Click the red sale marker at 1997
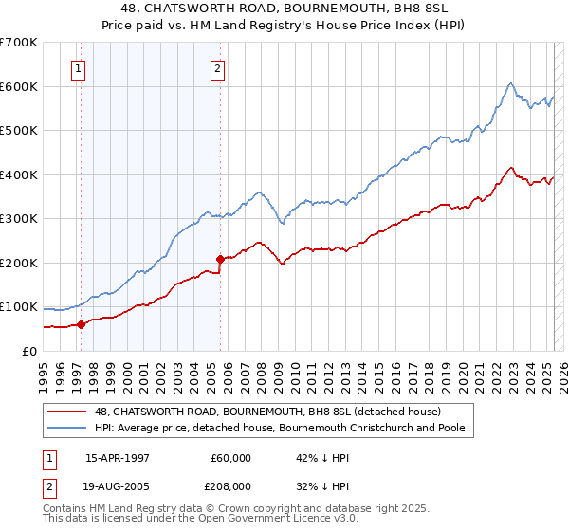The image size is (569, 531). (82, 324)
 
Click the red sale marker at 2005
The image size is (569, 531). (220, 259)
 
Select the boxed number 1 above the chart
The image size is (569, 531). (77, 68)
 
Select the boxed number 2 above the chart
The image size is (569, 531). (218, 68)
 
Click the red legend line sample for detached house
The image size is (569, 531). (67, 412)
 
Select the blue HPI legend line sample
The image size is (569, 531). (67, 429)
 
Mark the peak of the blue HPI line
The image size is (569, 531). (510, 83)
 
